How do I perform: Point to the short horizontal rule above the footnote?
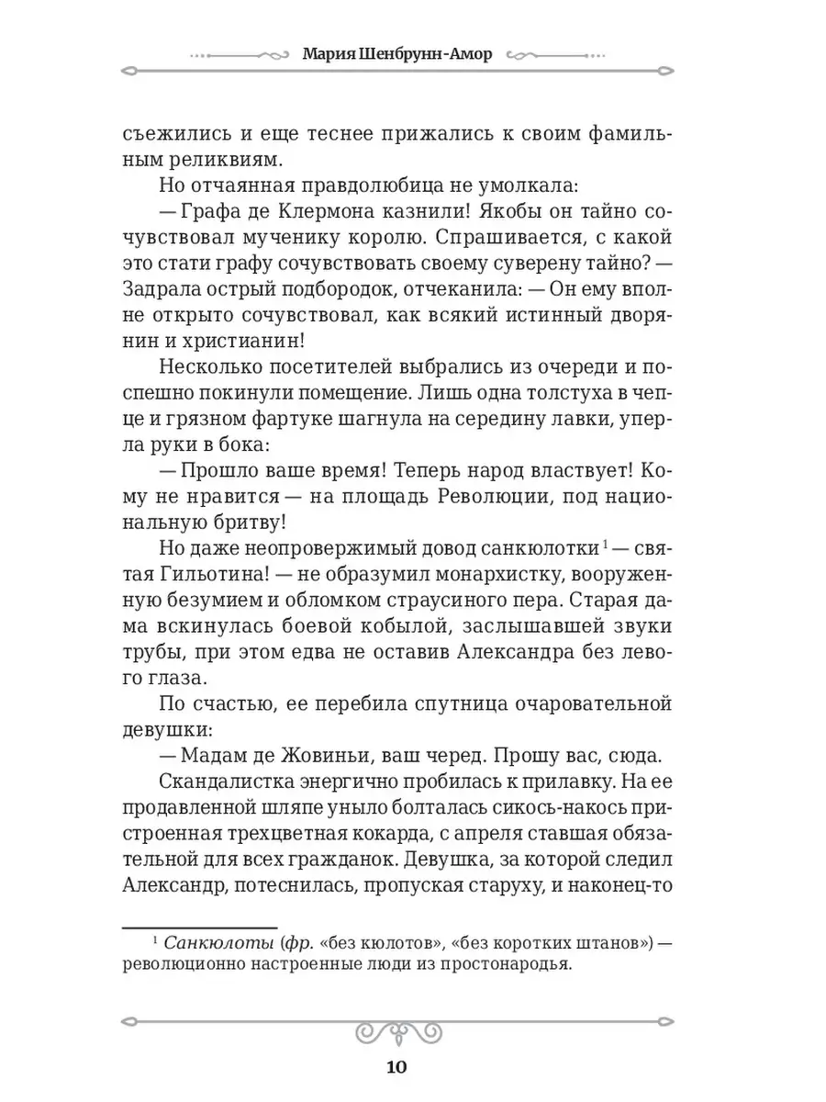coord(200,928)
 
